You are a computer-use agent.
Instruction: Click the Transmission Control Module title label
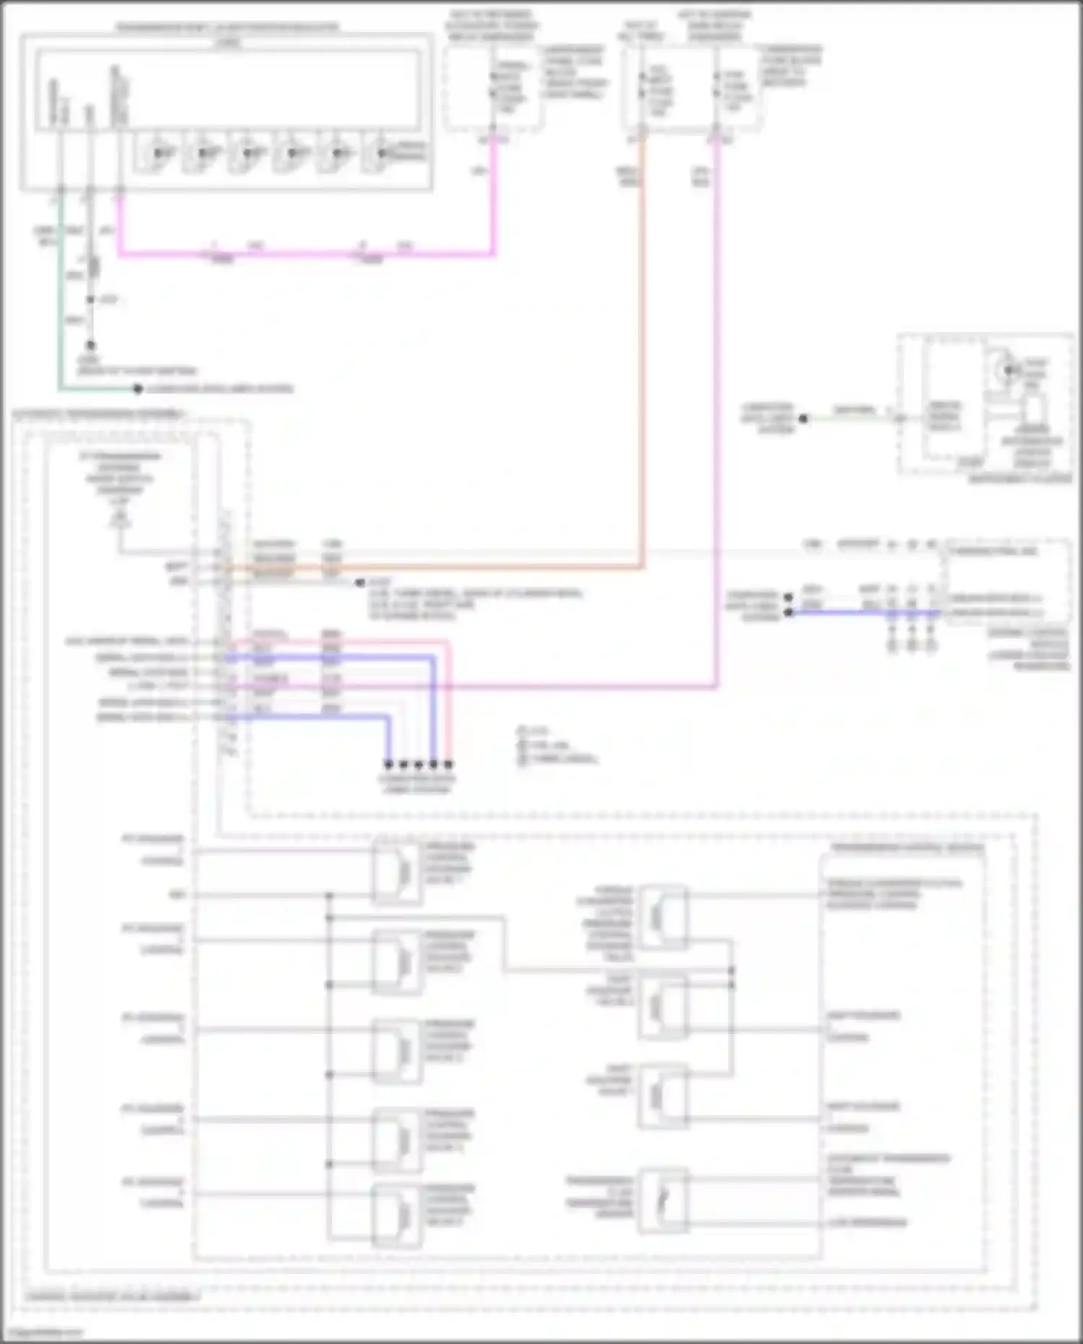pos(907,848)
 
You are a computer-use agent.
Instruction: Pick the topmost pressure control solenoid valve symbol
pos(397,872)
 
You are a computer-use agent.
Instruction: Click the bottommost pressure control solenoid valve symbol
pos(397,1215)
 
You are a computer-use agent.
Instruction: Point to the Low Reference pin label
pos(867,1223)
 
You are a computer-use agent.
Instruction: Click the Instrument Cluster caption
pos(1019,479)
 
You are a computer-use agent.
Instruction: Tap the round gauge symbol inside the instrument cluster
pos(1005,370)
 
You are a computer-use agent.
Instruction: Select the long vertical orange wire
pos(641,347)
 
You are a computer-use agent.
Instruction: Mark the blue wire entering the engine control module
pos(866,612)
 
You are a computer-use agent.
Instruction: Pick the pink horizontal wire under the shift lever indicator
pos(303,253)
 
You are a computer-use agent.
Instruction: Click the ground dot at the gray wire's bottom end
pos(90,346)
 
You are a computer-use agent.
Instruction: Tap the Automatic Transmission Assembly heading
pos(98,415)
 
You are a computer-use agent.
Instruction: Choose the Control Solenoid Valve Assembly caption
pos(113,1296)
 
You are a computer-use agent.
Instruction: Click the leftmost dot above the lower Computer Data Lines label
pos(388,764)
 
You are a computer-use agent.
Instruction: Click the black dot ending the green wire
pos(137,389)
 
